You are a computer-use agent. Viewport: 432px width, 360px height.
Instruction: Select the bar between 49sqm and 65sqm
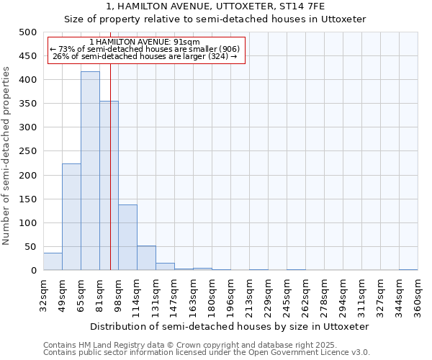tap(71, 217)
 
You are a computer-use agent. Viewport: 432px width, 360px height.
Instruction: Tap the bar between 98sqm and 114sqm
tap(127, 238)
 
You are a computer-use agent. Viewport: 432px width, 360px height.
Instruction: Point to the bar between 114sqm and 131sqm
tap(146, 258)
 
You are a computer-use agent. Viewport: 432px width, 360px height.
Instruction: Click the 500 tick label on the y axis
tap(27, 32)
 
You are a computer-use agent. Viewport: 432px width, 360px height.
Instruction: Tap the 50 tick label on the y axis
tap(30, 247)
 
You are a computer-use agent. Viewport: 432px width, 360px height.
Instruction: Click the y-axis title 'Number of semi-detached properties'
tap(7, 155)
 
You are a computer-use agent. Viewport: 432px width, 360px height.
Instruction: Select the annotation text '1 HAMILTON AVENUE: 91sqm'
tap(147, 42)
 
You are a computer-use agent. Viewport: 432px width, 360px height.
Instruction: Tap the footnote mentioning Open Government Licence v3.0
tap(207, 352)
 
